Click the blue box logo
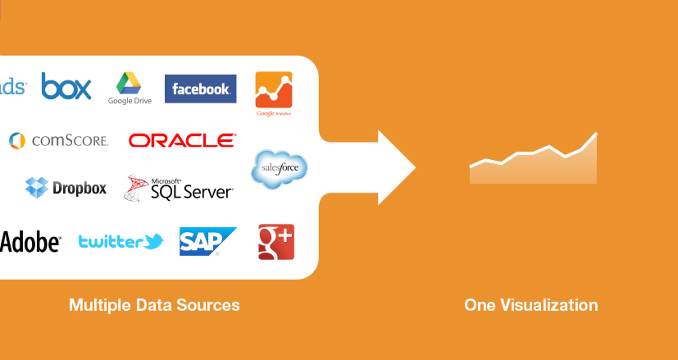click(66, 87)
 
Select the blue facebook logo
click(201, 89)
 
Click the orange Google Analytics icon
click(274, 90)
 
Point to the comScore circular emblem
click(17, 141)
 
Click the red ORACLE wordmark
click(182, 141)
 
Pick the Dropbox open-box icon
click(37, 187)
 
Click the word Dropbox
click(79, 188)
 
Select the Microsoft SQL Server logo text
click(191, 190)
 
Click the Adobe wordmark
click(31, 242)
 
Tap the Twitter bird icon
click(154, 242)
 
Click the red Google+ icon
click(276, 242)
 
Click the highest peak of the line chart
click(596, 134)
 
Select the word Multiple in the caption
click(100, 305)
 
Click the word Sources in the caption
click(208, 305)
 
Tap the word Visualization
click(549, 305)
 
